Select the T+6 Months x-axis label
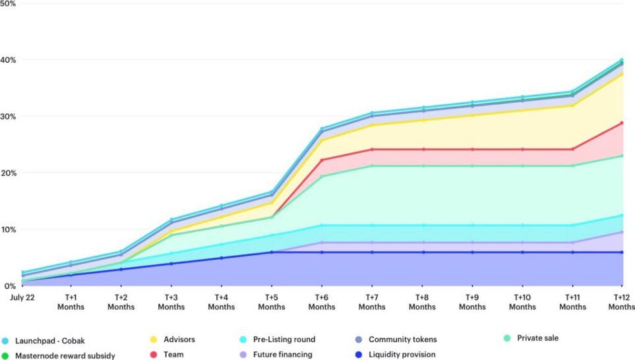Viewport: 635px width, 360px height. point(321,302)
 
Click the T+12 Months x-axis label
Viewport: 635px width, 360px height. point(621,302)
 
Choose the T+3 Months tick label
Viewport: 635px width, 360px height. point(171,302)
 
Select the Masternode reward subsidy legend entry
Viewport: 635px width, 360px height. point(59,355)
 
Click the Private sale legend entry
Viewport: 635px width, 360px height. point(531,338)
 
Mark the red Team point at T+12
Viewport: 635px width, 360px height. point(621,123)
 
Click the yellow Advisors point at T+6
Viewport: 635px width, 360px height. point(321,139)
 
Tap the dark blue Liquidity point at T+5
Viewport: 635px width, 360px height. point(271,252)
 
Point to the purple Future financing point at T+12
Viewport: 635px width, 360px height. point(621,231)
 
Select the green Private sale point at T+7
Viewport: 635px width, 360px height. point(371,165)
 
